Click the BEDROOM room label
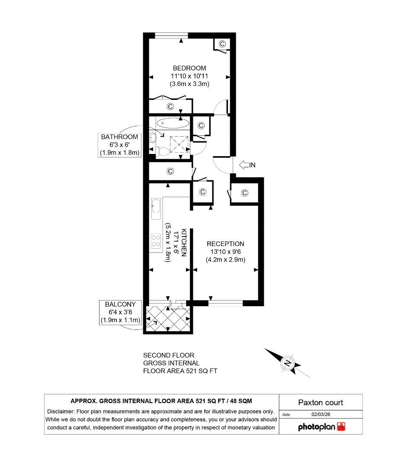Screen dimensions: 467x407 pos(189,68)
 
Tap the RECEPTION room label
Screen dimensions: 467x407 pos(225,244)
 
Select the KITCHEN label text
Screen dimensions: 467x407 pos(184,243)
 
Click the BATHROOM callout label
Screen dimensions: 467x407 pos(119,137)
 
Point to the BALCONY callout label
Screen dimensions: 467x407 pos(120,304)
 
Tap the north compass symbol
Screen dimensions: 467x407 pos(288,363)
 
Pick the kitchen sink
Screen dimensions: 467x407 pos(156,208)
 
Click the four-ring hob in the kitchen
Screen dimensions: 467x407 pos(156,242)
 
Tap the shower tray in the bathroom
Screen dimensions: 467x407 pos(179,143)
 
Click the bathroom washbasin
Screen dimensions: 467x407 pos(153,138)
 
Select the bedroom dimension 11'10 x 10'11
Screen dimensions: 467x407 pos(189,76)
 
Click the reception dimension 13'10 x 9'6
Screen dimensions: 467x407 pos(225,252)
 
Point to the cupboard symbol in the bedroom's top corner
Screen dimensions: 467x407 pos(222,44)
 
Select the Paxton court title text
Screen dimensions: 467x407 pos(320,403)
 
